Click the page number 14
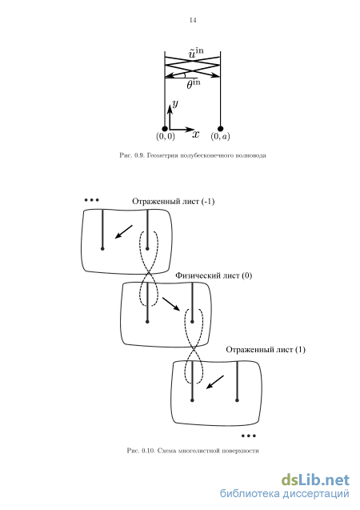click(193, 20)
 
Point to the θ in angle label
click(194, 84)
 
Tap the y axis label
click(175, 104)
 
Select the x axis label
click(195, 134)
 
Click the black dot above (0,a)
click(221, 128)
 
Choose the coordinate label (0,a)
click(220, 136)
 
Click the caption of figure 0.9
click(193, 155)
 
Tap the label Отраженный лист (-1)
click(173, 202)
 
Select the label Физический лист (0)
click(214, 275)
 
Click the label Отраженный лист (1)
click(266, 350)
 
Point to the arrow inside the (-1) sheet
click(124, 231)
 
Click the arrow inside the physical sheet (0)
click(171, 304)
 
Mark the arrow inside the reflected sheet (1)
click(215, 382)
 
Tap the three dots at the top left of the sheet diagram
click(92, 200)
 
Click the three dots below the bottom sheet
click(249, 436)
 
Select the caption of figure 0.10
click(193, 451)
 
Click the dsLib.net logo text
click(315, 480)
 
